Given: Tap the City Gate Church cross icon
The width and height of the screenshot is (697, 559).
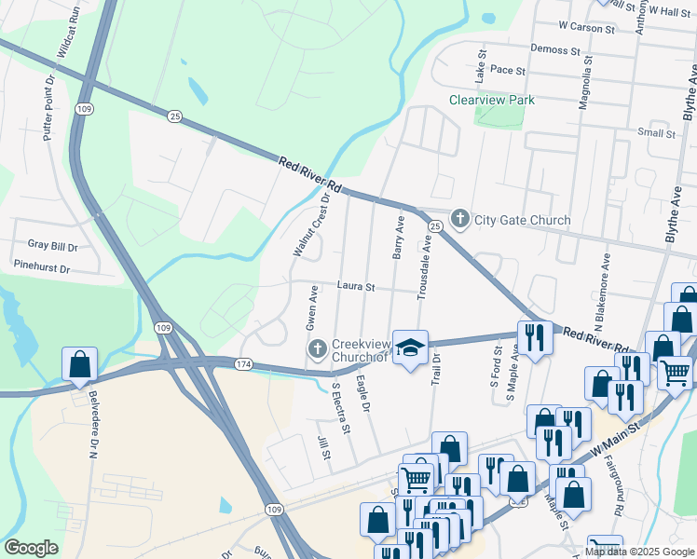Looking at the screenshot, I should pos(459,220).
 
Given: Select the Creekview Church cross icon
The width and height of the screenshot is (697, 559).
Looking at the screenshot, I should pos(317,348).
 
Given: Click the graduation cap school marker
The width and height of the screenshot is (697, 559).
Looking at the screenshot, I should pos(409,348).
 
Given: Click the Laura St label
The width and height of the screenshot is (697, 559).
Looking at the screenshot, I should pos(355,288).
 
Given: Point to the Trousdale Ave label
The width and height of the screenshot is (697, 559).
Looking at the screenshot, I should pos(423,267).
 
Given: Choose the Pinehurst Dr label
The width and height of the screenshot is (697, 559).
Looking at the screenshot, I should pos(42,267).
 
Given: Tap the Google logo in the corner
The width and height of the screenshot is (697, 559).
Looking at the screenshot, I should pos(31,548).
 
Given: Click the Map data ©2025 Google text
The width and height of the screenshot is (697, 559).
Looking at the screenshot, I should pos(638,552).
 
